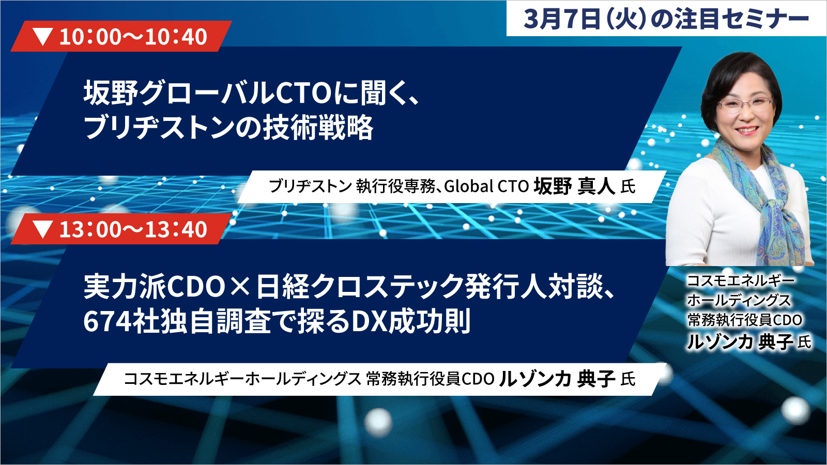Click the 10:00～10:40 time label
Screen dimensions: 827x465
pos(133,37)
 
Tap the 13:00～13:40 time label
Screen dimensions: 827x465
pos(133,229)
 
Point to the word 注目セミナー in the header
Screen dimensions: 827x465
pos(742,19)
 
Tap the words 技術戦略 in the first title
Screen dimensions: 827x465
pos(317,128)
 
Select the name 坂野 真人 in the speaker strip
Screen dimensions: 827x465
pos(574,186)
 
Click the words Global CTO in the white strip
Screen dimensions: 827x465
pos(486,187)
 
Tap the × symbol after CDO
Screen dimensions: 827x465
pos(240,287)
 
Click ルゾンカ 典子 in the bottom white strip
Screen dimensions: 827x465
pos(557,379)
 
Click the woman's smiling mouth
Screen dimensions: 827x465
pos(746,130)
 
